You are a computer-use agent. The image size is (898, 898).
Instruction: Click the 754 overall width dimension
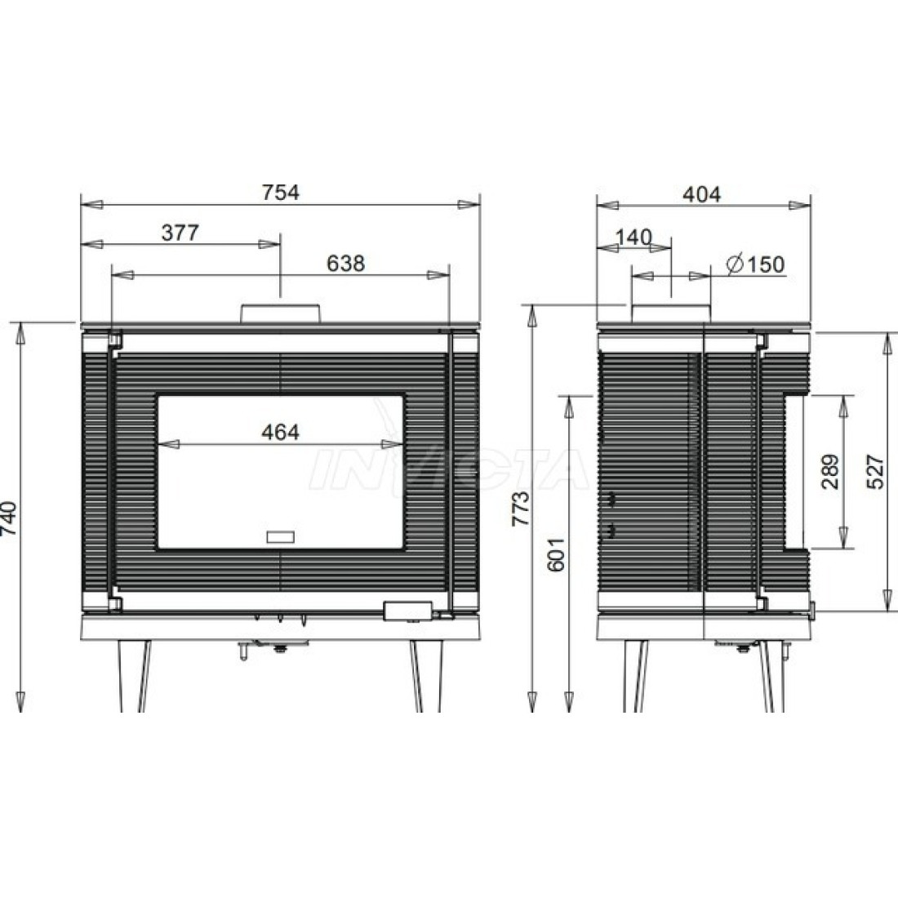click(281, 193)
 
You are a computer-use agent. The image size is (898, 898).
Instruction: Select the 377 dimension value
click(180, 233)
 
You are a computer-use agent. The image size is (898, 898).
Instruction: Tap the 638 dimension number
click(345, 264)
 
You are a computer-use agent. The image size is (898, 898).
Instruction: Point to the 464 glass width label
click(280, 432)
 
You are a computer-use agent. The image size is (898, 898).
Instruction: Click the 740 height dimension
click(10, 518)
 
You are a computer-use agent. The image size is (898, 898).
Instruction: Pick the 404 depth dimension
click(701, 195)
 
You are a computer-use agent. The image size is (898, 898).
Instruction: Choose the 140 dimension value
click(633, 237)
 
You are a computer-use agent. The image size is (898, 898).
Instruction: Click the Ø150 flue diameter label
click(755, 264)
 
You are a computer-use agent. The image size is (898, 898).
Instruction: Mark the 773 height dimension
click(521, 508)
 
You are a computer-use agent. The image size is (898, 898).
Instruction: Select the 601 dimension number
click(555, 554)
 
